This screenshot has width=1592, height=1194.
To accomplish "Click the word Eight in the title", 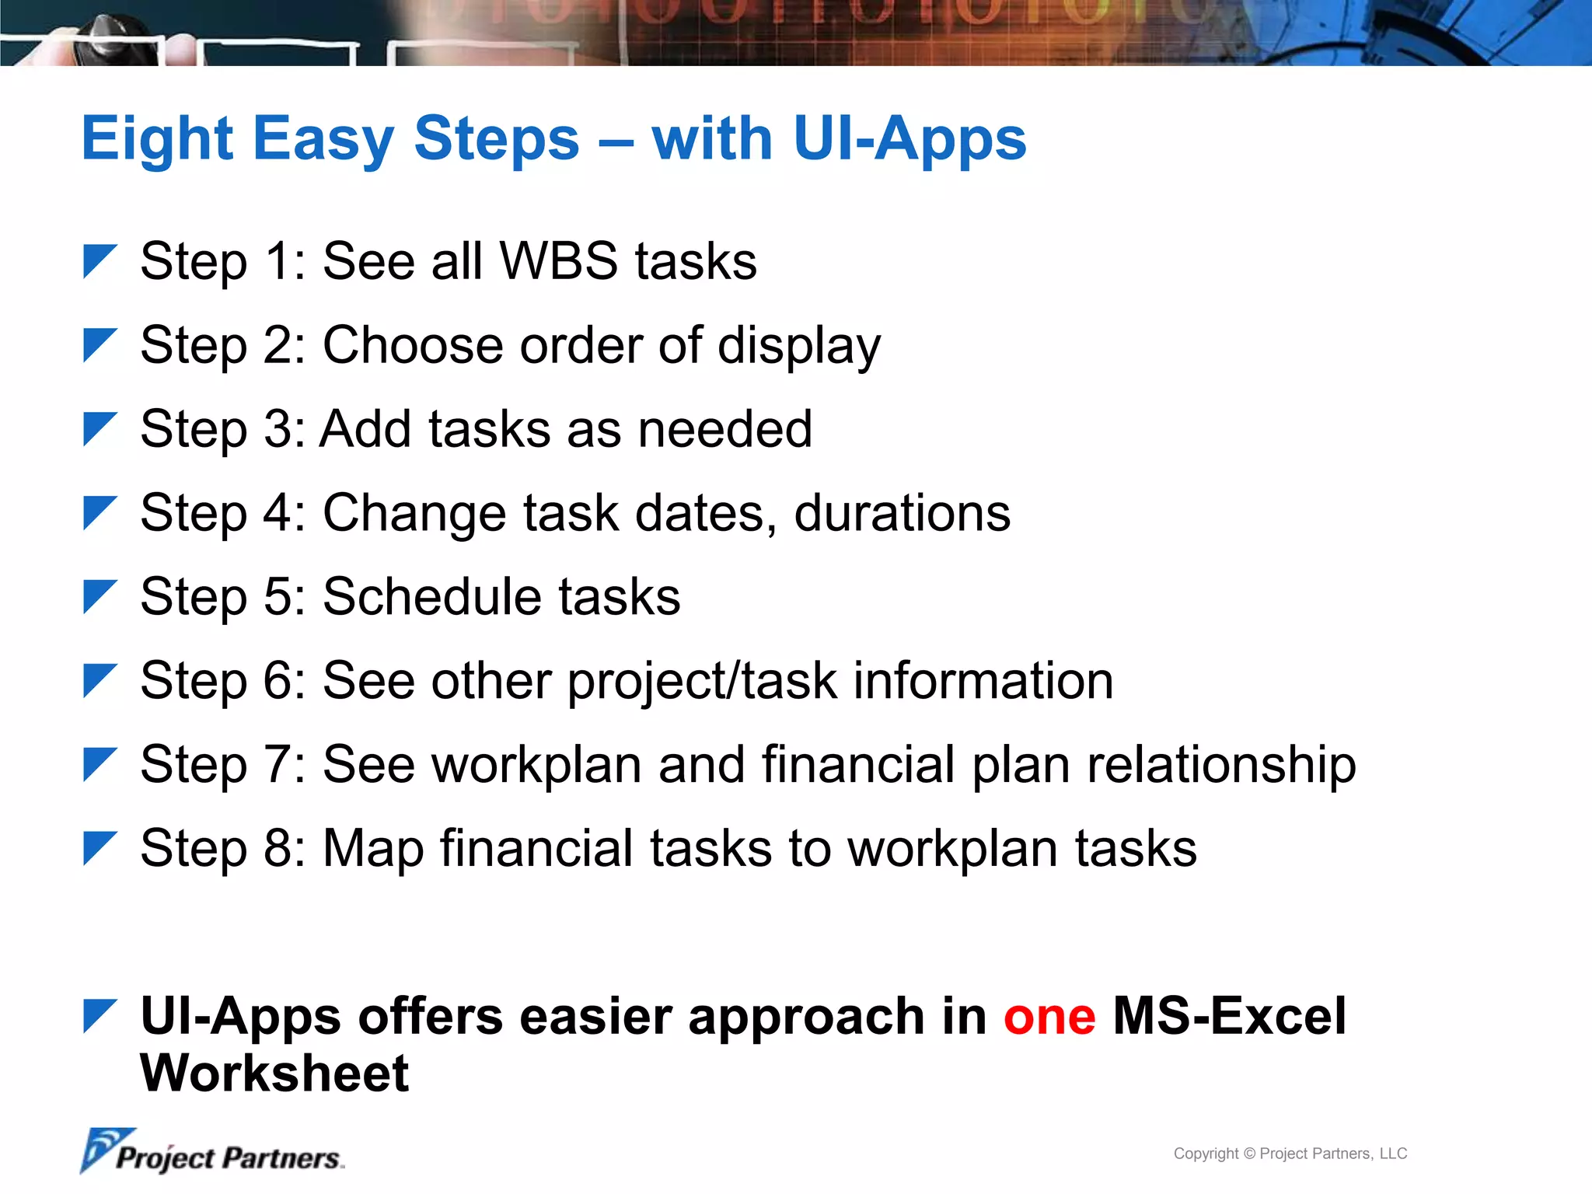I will [157, 140].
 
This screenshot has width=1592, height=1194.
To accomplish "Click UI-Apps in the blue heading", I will [909, 140].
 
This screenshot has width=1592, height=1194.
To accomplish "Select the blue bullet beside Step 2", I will [99, 344].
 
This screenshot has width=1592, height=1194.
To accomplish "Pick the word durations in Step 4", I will [902, 513].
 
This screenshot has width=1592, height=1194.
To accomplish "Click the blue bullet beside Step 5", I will [99, 596].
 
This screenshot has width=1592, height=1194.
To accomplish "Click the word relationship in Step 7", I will [1220, 765].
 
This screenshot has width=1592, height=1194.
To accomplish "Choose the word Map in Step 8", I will [373, 849].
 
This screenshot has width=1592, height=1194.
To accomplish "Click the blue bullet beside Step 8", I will [99, 848].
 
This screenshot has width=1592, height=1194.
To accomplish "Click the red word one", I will [1049, 1017].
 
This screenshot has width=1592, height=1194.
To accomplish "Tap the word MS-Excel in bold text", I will [1229, 1017].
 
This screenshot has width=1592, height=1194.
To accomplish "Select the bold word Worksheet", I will [274, 1074].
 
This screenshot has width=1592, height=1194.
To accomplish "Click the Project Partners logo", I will [211, 1153].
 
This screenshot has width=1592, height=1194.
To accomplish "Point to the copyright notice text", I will [1290, 1154].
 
